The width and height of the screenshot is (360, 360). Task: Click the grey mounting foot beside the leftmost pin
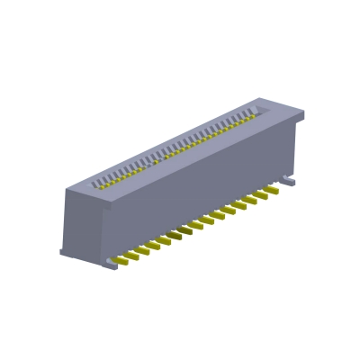[111, 263]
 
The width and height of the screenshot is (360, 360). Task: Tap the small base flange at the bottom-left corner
[65, 252]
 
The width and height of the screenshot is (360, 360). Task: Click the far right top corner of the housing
[303, 112]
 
